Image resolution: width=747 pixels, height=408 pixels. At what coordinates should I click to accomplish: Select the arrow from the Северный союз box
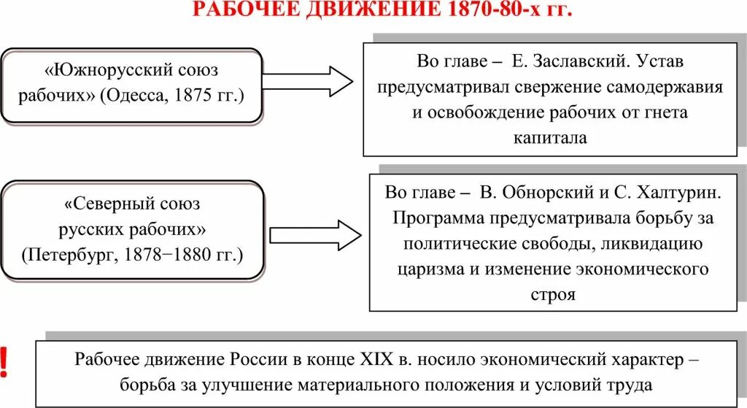pyautogui.click(x=315, y=235)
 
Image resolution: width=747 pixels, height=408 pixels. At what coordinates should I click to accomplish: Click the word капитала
pyautogui.click(x=551, y=138)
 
